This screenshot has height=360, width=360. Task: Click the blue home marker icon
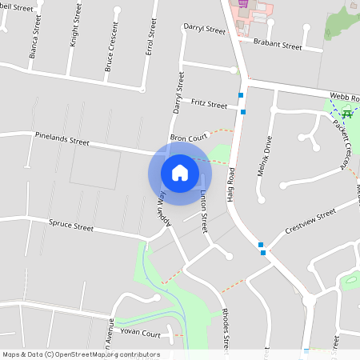(x=179, y=173)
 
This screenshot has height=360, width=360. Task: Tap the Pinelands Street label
(x=62, y=138)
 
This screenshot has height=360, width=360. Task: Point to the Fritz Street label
(x=210, y=102)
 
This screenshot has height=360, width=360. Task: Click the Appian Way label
(x=162, y=207)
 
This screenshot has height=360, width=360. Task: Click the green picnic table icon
(x=347, y=114)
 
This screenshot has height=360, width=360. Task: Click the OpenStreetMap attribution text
(x=82, y=354)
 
